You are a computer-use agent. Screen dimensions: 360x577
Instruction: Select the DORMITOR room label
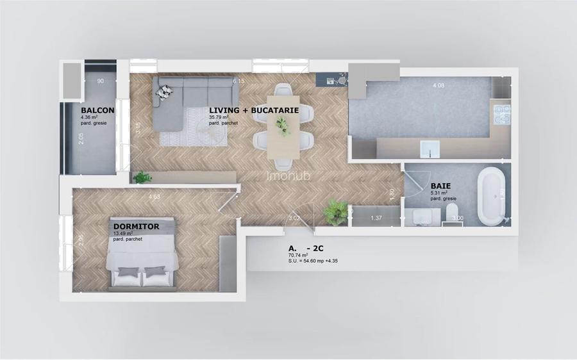pos(136,226)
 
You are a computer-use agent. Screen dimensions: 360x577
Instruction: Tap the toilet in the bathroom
pos(453,213)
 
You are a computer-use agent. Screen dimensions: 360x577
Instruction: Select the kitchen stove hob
pos(501,115)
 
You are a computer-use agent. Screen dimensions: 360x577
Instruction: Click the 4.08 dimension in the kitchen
pos(439,85)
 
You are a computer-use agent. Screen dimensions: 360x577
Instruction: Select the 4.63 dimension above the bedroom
pos(155,197)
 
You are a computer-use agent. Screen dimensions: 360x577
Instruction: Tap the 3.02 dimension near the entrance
pos(295,219)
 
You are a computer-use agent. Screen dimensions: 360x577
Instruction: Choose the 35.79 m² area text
pos(221,117)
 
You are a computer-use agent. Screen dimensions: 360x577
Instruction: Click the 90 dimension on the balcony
pos(101,81)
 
